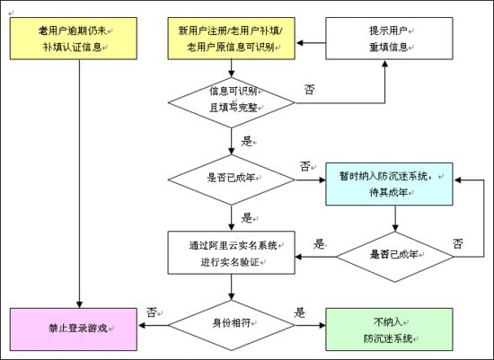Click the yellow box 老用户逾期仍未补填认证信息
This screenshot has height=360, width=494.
coord(74,39)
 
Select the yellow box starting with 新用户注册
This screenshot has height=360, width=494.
coord(231,39)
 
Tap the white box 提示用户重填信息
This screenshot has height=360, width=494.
coord(389,39)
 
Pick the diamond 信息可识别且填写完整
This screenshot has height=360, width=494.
coord(231,102)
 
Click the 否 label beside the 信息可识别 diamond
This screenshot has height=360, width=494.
coord(310,90)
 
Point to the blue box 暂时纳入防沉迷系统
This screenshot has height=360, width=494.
coord(389,184)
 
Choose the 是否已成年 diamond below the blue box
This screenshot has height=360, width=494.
coord(395,257)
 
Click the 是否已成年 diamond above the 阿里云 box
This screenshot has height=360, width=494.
coord(231,180)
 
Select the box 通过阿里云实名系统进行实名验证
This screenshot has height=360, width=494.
coord(231,252)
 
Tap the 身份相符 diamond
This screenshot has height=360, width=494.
coord(231,325)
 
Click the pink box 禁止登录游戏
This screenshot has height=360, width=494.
coord(74,329)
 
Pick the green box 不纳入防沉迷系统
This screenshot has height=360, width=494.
coord(389,329)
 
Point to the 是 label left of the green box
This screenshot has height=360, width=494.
coord(300,312)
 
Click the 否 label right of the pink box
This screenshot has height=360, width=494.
coord(152,312)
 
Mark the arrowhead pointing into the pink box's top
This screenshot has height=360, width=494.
coord(79,304)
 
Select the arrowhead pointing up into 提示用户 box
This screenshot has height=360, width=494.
coord(384,64)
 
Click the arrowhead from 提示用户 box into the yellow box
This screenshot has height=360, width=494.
coord(299,43)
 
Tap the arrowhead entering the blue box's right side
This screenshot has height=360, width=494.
coord(457,180)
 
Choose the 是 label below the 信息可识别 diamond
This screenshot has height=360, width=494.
coord(247,141)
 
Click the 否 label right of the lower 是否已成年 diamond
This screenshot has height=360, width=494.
coord(458,243)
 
